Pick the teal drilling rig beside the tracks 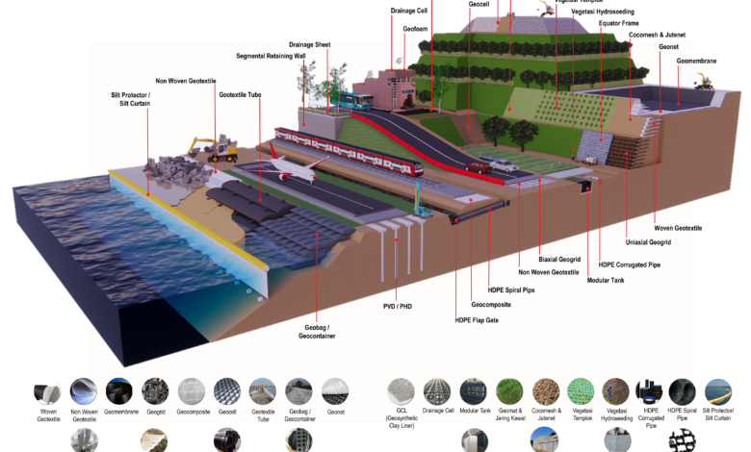coord(420,200)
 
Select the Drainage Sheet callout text coord(311,44)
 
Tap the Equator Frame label coord(618,23)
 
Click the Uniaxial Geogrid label coord(647,242)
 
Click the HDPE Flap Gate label coord(479,320)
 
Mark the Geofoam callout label coord(416,29)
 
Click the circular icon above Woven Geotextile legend coord(48,391)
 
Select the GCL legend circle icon coord(401,391)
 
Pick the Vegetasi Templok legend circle coord(582,391)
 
